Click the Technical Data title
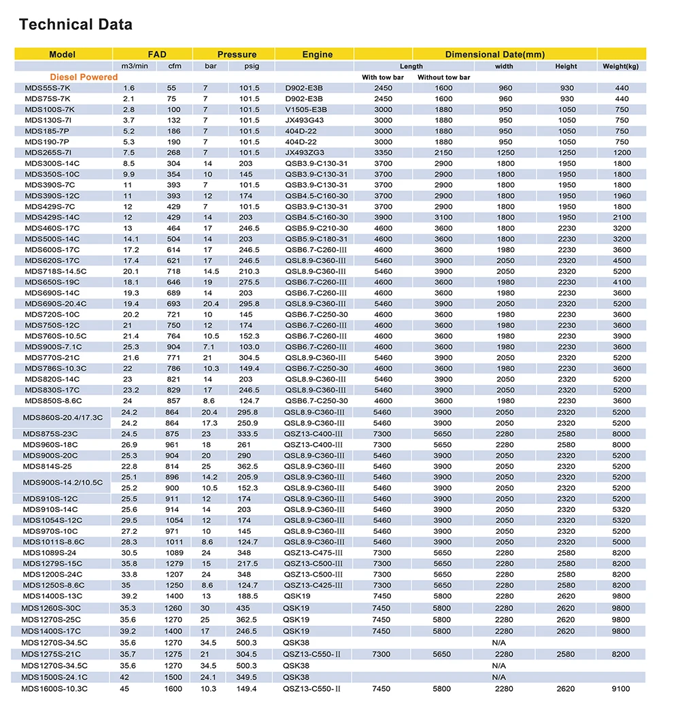pyautogui.click(x=75, y=25)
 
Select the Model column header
pyautogui.click(x=63, y=54)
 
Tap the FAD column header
pyautogui.click(x=157, y=54)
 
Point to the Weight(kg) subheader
pyautogui.click(x=621, y=66)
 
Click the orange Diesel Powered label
pyautogui.click(x=84, y=78)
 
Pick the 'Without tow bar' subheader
pyautogui.click(x=443, y=78)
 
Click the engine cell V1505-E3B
pyautogui.click(x=306, y=109)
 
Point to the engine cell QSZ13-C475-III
pyautogui.click(x=313, y=553)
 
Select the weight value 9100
pyautogui.click(x=621, y=689)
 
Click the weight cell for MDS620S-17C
pyautogui.click(x=621, y=260)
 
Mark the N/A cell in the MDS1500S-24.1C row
pyautogui.click(x=499, y=677)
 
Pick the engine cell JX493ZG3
pyautogui.click(x=305, y=153)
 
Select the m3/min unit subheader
pyautogui.click(x=134, y=66)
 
